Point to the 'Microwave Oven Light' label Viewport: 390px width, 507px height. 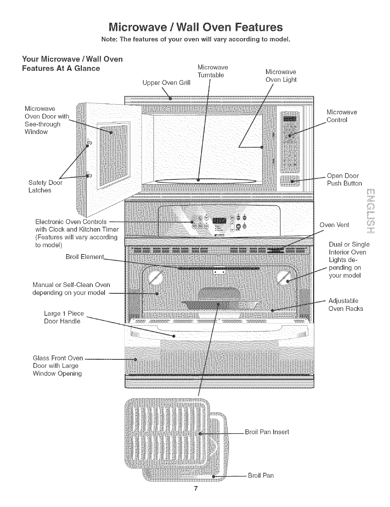pos(281,75)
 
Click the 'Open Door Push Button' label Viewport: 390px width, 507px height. pos(344,179)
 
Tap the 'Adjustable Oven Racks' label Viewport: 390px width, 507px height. pos(345,304)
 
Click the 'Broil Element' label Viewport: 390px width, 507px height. pos(85,257)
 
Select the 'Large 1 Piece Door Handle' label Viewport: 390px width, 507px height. pos(64,317)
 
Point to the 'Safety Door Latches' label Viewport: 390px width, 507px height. pos(45,186)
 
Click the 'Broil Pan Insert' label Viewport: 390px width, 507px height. pos(267,432)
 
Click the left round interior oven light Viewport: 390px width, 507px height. pos(155,277)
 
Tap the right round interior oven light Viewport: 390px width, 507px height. pos(285,277)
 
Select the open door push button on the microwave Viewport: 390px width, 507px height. pos(290,181)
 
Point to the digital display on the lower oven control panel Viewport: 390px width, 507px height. pos(219,221)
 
